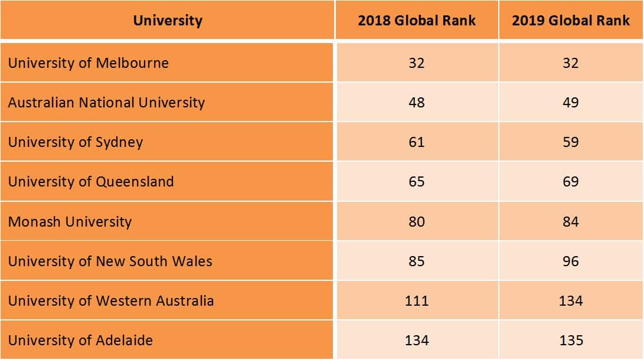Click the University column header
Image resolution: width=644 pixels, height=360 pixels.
coord(168,21)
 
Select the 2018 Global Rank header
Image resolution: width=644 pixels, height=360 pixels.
coord(417,21)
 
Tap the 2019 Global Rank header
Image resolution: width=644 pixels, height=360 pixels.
coord(571,21)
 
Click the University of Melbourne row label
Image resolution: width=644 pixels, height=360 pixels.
coord(89,63)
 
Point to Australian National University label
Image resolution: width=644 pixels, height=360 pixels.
coord(106,103)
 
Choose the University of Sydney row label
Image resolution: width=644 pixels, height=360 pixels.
coord(76,142)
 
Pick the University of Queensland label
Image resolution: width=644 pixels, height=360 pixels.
coord(91,182)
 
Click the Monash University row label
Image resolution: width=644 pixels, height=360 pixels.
coord(70,222)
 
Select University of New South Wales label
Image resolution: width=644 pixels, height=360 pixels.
coord(110,261)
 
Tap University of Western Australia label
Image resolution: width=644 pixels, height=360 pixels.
coord(111,301)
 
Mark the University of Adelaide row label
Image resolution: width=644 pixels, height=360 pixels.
coord(80,341)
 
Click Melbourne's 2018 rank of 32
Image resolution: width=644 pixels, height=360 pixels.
coord(417,63)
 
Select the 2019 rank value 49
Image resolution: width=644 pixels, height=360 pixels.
coord(571,103)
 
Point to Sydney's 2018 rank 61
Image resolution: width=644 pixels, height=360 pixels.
coord(417,142)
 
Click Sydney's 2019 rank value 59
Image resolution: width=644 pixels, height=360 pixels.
coord(571,142)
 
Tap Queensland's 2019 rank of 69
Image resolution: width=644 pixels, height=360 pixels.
coord(571,182)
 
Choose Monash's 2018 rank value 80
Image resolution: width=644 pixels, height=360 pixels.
coord(417,222)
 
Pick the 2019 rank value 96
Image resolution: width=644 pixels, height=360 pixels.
coord(571,261)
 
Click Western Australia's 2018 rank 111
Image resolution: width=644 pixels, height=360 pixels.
coord(417,301)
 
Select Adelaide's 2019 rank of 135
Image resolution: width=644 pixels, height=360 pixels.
coord(571,341)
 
